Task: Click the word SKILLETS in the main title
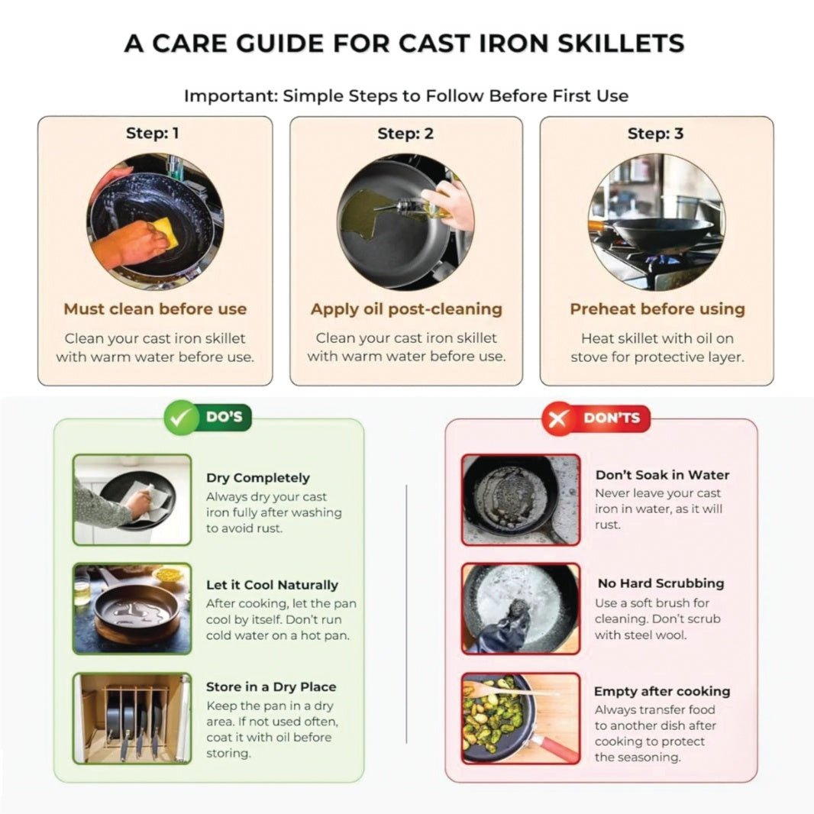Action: (x=621, y=43)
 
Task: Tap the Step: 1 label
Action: (x=153, y=134)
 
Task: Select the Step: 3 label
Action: (x=656, y=134)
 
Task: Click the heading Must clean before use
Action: (x=155, y=309)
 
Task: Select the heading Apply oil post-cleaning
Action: (x=406, y=309)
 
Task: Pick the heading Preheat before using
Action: (x=657, y=309)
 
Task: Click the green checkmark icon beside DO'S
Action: (x=181, y=418)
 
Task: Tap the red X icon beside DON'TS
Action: (x=558, y=418)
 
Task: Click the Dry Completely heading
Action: (x=258, y=477)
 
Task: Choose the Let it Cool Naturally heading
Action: (x=272, y=585)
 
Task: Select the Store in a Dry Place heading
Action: (x=271, y=686)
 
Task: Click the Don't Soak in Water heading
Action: (x=662, y=475)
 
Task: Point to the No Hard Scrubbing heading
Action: (x=661, y=583)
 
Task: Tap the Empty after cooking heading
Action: (x=662, y=692)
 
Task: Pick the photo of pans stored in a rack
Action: (x=132, y=719)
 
